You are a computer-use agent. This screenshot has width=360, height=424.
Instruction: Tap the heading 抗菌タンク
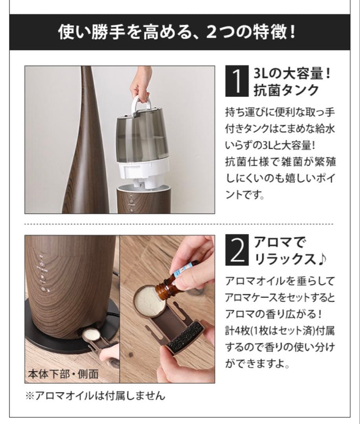click(x=286, y=90)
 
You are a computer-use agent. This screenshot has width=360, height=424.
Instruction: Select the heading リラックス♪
click(x=290, y=260)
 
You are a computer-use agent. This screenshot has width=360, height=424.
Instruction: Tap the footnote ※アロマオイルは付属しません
click(x=95, y=395)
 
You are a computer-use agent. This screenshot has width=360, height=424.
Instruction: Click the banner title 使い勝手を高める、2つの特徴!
click(x=177, y=32)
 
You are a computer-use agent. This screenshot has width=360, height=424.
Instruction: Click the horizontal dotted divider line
click(x=179, y=224)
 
